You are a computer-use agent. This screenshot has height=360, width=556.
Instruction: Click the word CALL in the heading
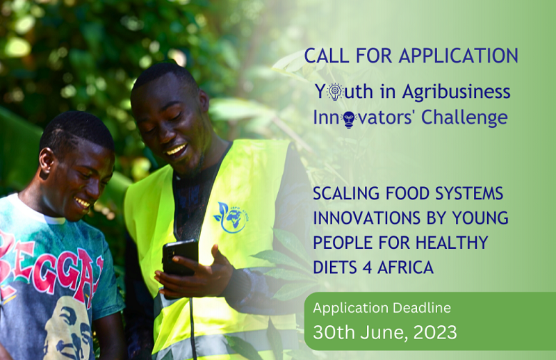coord(325,56)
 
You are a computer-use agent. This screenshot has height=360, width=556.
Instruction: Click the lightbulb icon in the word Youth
coord(336,91)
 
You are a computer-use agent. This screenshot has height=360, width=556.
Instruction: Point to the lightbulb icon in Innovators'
coord(349,118)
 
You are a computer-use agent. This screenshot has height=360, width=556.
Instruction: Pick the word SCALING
coord(345,193)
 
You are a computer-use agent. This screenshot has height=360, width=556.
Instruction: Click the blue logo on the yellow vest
coord(229,218)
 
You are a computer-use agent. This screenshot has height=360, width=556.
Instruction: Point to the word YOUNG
coord(480,218)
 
